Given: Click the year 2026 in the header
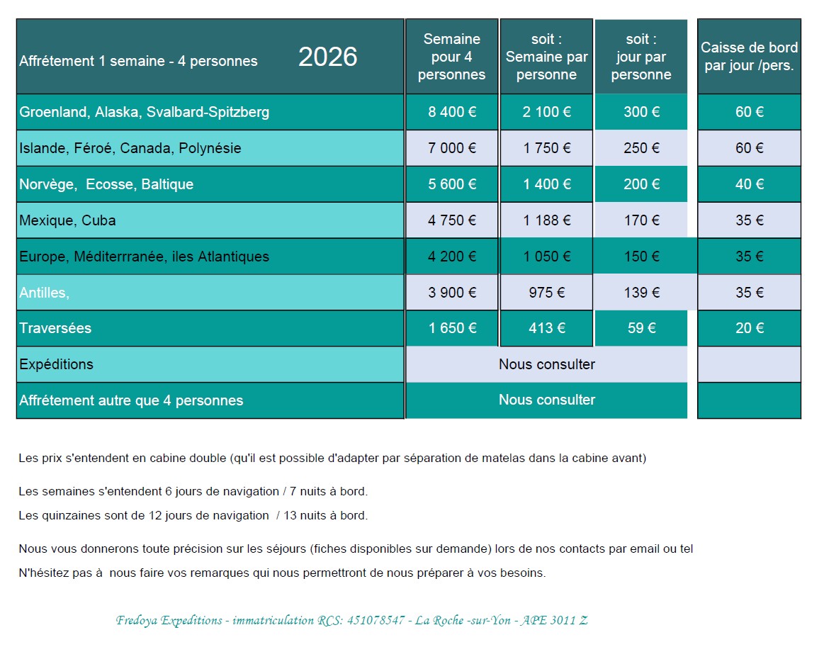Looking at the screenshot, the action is point(327,57).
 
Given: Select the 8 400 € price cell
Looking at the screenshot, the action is point(452,112).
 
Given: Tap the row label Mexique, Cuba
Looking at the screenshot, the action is point(67,220).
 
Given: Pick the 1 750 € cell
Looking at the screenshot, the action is point(546,148).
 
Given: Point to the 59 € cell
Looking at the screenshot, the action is point(641,328).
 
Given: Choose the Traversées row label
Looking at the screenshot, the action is point(55,329).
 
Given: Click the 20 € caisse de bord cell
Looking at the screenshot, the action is point(749,328).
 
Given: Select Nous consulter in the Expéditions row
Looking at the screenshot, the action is point(546,364).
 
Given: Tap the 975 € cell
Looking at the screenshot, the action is point(546,292).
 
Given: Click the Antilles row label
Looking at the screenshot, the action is point(44,293).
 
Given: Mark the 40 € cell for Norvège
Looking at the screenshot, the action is point(749,184).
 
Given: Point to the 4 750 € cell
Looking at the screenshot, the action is point(452,220).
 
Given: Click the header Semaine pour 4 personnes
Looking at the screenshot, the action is point(452,57).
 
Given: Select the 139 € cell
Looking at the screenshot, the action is point(641,292).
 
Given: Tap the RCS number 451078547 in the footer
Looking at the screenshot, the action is point(376,620).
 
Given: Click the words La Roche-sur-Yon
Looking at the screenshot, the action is point(463,620).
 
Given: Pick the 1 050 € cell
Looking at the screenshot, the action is point(546,257).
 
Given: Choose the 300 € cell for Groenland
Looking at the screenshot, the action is point(641,112).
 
